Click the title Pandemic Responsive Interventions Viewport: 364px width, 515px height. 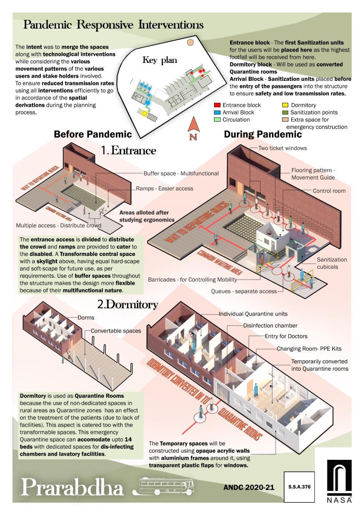click(113, 25)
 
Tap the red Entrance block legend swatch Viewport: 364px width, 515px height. click(217, 105)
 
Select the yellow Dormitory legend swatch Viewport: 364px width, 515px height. click(285, 105)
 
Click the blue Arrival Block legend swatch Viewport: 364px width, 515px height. click(217, 113)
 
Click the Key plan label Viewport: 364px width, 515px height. click(159, 60)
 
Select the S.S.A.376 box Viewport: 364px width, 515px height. click(299, 487)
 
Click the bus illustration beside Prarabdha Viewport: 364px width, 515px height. click(167, 486)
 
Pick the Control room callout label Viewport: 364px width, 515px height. click(329, 191)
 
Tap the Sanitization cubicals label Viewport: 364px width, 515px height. click(332, 263)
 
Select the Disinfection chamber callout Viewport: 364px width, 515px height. click(270, 325)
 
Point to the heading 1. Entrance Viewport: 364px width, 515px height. click(128, 150)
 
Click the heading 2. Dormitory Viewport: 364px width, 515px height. click(127, 304)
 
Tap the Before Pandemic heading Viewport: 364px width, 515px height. click(93, 134)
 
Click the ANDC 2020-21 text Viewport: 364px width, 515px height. click(249, 487)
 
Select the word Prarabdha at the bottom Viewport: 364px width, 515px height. click(72, 487)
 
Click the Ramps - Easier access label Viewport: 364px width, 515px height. click(164, 188)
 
